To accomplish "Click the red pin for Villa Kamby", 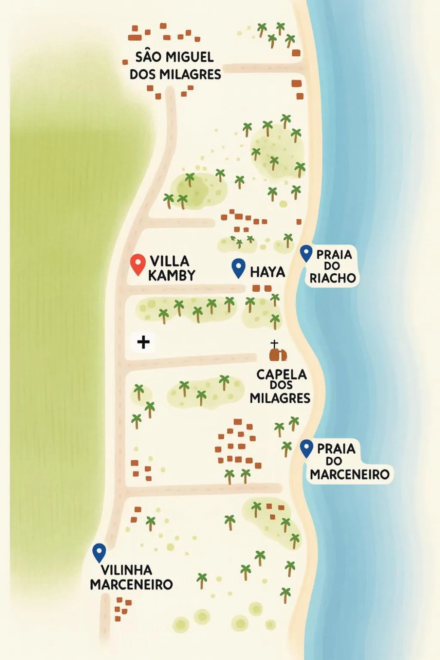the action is pyautogui.click(x=137, y=263).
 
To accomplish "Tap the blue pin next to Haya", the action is pyautogui.click(x=238, y=267).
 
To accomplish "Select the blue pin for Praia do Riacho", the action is pyautogui.click(x=306, y=253).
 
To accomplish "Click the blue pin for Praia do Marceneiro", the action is pyautogui.click(x=306, y=448).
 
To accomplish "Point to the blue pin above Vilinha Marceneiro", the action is pyautogui.click(x=99, y=552).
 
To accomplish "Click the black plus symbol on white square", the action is pyautogui.click(x=143, y=342).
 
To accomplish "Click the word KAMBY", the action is pyautogui.click(x=172, y=275).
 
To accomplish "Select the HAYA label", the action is pyautogui.click(x=267, y=272).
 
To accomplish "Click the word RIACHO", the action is pyautogui.click(x=333, y=278).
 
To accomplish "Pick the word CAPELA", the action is pyautogui.click(x=281, y=375).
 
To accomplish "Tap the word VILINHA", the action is pyautogui.click(x=126, y=570).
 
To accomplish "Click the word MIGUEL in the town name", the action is pyautogui.click(x=189, y=57).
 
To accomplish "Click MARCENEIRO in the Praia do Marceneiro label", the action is pyautogui.click(x=349, y=475).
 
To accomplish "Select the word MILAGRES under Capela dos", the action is pyautogui.click(x=280, y=398).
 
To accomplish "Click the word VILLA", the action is pyautogui.click(x=169, y=261).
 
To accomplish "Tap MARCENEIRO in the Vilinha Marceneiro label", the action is pyautogui.click(x=131, y=585).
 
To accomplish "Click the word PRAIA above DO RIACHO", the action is pyautogui.click(x=334, y=255).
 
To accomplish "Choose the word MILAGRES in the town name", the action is pyautogui.click(x=191, y=74).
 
